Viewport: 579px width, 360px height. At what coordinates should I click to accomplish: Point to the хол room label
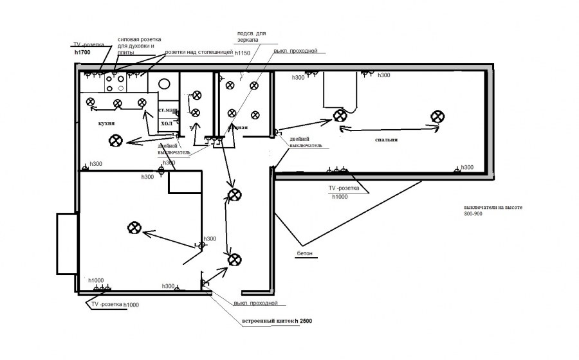pyautogui.click(x=167, y=122)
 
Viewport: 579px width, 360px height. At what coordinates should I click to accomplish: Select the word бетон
pyautogui.click(x=304, y=253)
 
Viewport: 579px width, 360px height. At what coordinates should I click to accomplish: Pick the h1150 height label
pyautogui.click(x=243, y=53)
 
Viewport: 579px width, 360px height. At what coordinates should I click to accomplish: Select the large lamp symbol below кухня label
pyautogui.click(x=116, y=140)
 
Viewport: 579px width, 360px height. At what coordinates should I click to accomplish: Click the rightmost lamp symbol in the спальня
pyautogui.click(x=437, y=116)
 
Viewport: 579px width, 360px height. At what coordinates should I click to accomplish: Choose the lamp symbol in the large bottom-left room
pyautogui.click(x=134, y=227)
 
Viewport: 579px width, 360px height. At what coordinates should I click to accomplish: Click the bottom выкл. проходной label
pyautogui.click(x=255, y=302)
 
